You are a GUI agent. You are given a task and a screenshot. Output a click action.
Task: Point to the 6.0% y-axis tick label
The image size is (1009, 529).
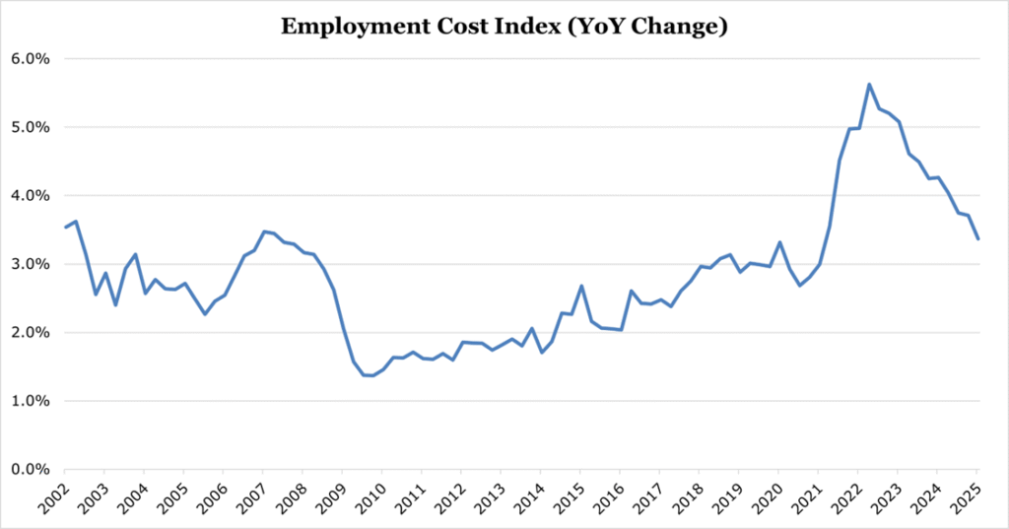point(31,59)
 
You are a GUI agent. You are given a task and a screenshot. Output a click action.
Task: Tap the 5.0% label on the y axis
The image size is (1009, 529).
point(31,127)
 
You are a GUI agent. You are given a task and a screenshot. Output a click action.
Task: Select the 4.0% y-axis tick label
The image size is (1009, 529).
point(31,196)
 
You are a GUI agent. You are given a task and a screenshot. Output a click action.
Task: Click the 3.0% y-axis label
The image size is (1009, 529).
point(31,264)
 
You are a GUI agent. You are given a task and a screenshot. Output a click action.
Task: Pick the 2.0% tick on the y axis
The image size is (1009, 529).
point(31,333)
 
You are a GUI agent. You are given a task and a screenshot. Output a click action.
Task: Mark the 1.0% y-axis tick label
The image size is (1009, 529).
point(31,401)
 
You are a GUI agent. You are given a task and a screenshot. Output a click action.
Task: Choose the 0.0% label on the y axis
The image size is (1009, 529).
point(31,470)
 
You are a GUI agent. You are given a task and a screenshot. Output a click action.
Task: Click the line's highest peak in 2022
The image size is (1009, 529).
point(869,85)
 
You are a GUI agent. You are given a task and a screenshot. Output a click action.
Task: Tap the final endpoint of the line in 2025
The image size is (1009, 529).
point(978,238)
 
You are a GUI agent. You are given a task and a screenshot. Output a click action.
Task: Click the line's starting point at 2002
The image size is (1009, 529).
point(66,228)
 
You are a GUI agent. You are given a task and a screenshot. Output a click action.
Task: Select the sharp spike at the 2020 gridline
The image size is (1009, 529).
point(779,242)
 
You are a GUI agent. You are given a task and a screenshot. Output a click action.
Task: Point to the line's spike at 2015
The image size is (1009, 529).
point(581,286)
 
